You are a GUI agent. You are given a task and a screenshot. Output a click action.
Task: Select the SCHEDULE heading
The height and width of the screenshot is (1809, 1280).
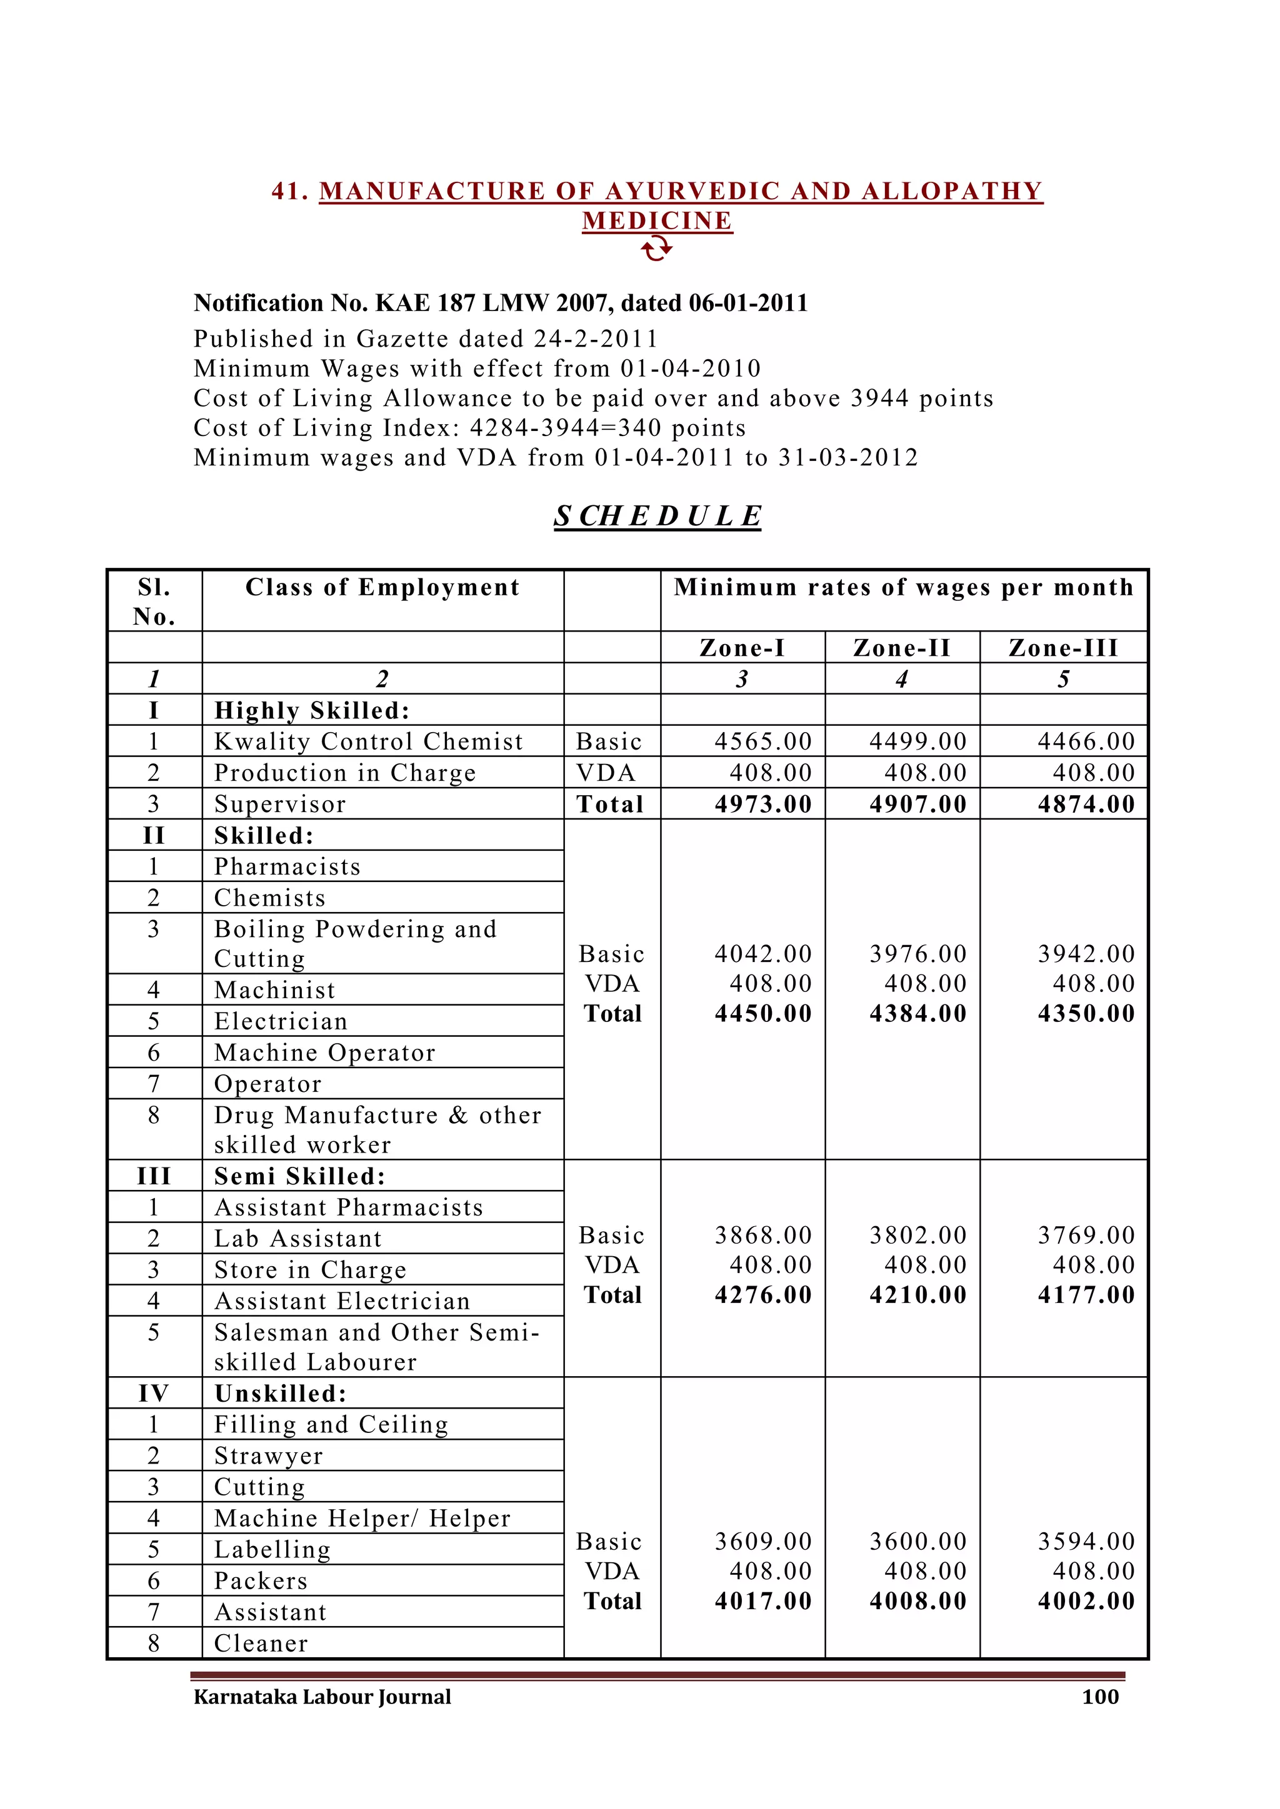click(657, 516)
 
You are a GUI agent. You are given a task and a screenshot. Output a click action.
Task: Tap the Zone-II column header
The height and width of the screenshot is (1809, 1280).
click(902, 648)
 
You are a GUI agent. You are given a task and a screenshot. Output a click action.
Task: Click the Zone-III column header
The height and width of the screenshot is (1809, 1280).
click(1063, 648)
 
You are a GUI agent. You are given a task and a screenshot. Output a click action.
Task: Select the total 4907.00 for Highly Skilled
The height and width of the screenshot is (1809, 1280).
click(917, 805)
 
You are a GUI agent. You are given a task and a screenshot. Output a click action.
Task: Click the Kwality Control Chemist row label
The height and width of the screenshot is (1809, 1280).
click(368, 741)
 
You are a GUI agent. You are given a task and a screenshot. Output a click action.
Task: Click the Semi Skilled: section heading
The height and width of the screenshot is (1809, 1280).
click(299, 1176)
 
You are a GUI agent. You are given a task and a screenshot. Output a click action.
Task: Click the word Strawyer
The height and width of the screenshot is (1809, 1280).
click(268, 1456)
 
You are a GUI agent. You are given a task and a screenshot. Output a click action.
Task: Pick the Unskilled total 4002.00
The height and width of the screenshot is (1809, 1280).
click(1086, 1601)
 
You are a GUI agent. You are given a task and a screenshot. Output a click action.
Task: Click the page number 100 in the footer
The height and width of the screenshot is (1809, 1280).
click(1100, 1697)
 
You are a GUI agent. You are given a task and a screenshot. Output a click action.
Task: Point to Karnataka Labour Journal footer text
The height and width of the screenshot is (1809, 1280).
click(322, 1697)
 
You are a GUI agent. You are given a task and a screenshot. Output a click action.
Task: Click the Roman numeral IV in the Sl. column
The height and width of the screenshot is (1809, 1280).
click(154, 1394)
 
